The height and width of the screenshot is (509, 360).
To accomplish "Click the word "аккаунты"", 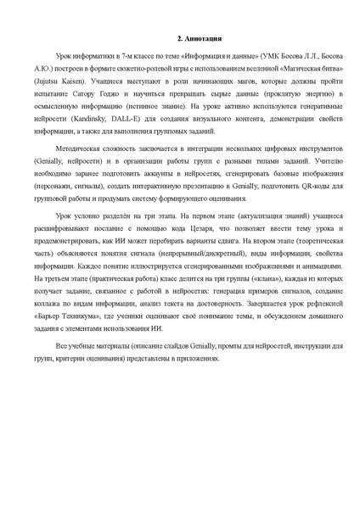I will (139, 186).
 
